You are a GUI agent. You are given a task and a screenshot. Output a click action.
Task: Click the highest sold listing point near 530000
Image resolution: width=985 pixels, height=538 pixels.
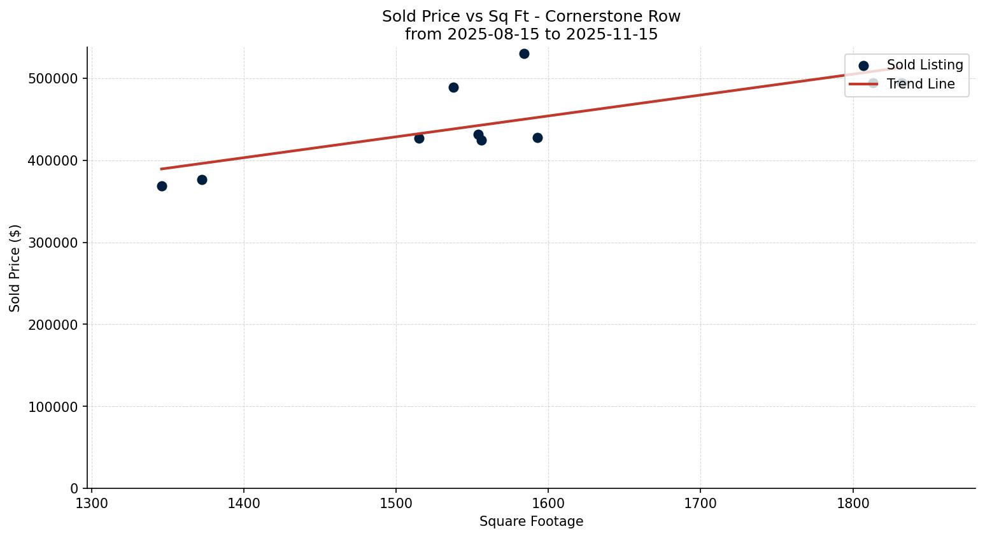click(524, 53)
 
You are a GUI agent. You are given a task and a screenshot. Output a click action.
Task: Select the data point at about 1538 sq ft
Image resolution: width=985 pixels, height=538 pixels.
click(453, 87)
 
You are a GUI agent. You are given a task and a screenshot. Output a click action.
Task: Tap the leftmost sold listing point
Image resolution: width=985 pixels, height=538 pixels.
click(162, 186)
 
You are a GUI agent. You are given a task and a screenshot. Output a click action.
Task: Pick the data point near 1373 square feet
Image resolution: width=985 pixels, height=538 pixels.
click(202, 180)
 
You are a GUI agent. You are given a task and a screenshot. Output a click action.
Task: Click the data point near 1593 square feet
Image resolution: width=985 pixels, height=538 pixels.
click(537, 138)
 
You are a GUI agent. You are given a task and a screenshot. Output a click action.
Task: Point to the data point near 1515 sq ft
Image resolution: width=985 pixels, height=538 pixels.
click(419, 138)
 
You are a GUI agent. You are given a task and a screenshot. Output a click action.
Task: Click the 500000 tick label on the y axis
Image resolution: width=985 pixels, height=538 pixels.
click(53, 79)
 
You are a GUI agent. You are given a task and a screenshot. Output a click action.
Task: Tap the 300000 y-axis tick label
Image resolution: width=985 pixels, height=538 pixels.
click(53, 243)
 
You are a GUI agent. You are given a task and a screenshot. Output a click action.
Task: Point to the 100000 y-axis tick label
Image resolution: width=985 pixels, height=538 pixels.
click(53, 407)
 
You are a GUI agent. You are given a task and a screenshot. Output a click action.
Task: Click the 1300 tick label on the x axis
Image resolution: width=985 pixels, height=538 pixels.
click(92, 503)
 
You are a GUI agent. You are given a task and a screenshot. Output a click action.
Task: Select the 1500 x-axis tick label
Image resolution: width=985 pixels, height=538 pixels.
click(396, 503)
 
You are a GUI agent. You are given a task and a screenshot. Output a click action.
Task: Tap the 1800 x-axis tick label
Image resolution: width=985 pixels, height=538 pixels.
click(853, 503)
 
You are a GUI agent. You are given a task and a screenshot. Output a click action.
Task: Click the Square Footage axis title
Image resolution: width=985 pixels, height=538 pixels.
click(531, 522)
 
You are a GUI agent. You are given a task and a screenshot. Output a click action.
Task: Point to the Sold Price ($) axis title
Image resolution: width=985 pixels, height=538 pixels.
click(15, 268)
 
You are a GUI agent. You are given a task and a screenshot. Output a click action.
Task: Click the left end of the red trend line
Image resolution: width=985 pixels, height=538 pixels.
click(162, 169)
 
